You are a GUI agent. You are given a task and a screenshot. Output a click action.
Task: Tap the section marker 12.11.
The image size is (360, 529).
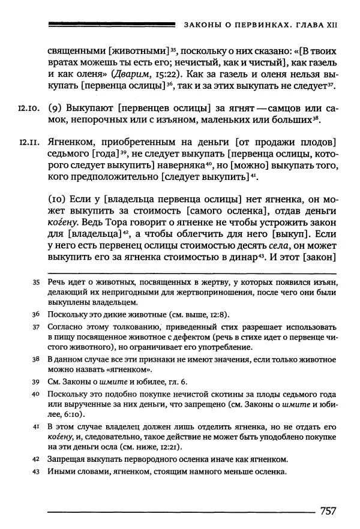(29, 142)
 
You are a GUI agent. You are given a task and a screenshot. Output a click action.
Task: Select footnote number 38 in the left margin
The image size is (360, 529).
(36, 359)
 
